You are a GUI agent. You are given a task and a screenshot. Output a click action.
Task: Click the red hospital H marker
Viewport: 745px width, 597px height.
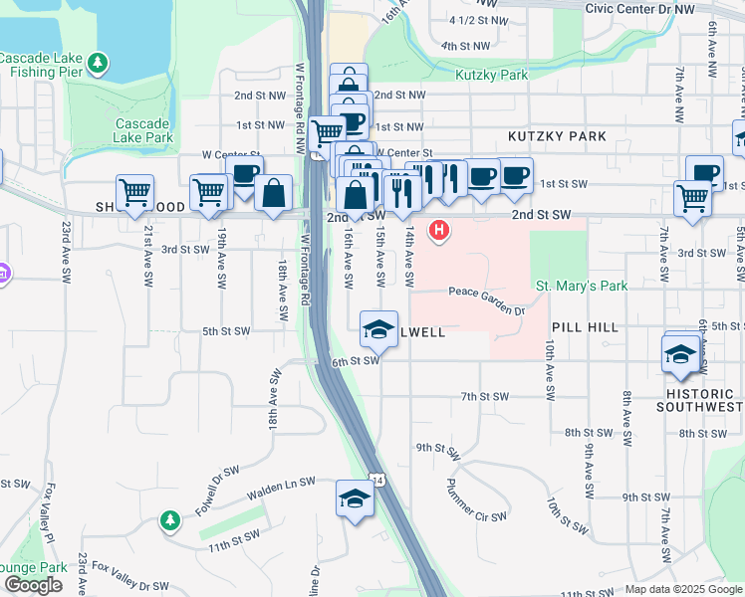[437, 232]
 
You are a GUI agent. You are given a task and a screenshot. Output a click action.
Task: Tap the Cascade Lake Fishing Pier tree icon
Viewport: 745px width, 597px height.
[98, 65]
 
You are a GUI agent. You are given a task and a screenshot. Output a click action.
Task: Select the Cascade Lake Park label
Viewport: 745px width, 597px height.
[143, 130]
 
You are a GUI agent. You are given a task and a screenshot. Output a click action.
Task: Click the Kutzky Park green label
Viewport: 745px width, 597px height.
[491, 75]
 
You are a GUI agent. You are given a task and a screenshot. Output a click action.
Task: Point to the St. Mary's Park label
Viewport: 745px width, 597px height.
[582, 286]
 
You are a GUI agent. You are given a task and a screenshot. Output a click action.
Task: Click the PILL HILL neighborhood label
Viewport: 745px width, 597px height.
[585, 326]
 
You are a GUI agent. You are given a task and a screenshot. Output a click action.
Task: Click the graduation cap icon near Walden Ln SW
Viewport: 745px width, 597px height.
[354, 497]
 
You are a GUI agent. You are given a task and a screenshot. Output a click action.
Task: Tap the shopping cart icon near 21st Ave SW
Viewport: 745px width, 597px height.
[134, 191]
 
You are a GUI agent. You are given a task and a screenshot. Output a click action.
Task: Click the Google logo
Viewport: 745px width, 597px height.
[33, 585]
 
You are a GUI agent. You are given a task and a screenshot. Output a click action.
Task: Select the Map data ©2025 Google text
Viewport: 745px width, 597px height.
[682, 589]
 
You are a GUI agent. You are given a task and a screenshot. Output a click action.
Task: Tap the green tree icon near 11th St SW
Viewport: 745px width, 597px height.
[170, 519]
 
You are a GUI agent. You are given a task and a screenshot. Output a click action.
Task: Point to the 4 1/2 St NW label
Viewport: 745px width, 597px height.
[470, 19]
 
